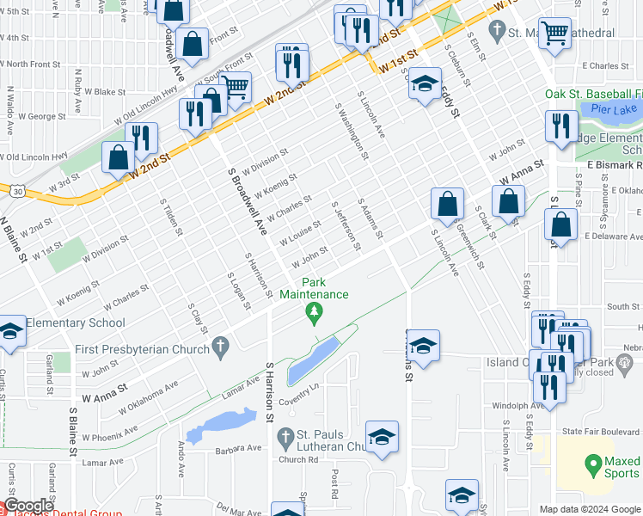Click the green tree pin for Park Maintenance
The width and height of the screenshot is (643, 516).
click(x=315, y=315)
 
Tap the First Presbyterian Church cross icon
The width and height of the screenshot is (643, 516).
click(x=221, y=348)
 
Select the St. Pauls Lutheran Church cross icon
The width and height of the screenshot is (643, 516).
click(x=286, y=439)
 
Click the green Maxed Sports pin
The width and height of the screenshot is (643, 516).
click(x=591, y=467)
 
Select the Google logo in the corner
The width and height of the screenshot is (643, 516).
click(x=28, y=507)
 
